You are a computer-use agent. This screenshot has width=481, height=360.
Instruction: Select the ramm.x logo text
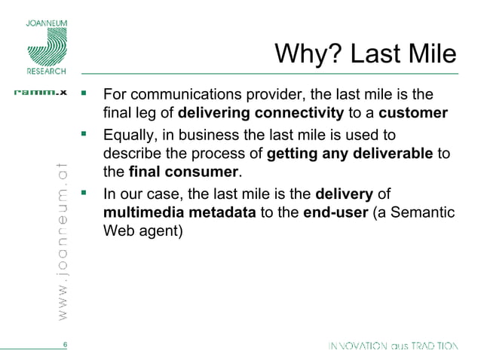(41, 93)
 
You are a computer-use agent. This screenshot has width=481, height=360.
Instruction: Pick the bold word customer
(413, 114)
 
